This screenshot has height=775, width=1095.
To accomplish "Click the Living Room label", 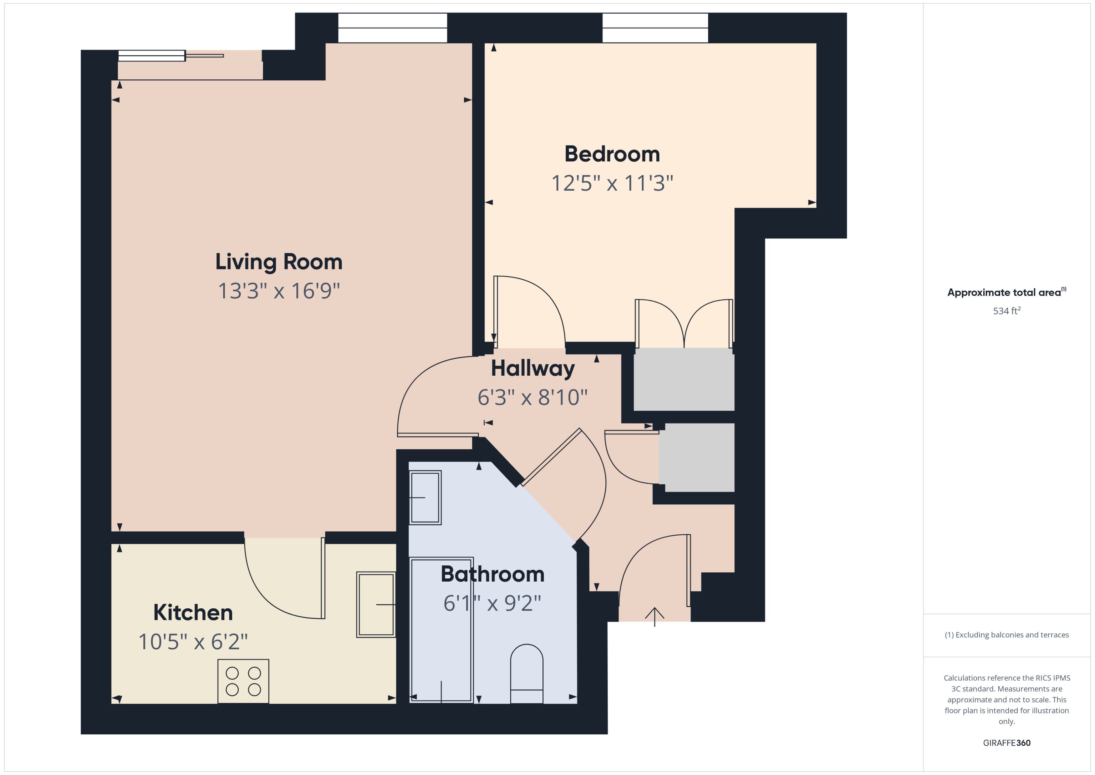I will pos(279,262).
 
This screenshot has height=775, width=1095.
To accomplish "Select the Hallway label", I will pos(532,368).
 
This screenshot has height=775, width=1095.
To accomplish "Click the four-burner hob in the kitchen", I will pos(243,681).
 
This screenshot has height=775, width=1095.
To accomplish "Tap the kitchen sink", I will pos(376,604).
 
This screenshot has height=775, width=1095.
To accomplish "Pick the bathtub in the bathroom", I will pos(441,630).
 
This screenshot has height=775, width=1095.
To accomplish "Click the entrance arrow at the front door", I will pos(654,616).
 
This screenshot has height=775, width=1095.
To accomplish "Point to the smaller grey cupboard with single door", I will pos(699,457).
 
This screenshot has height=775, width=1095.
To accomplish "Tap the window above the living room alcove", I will pos(392,28).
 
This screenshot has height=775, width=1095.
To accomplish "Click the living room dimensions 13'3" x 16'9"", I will pos(279,291).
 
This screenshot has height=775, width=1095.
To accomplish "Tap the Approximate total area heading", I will pos(1004,293).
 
